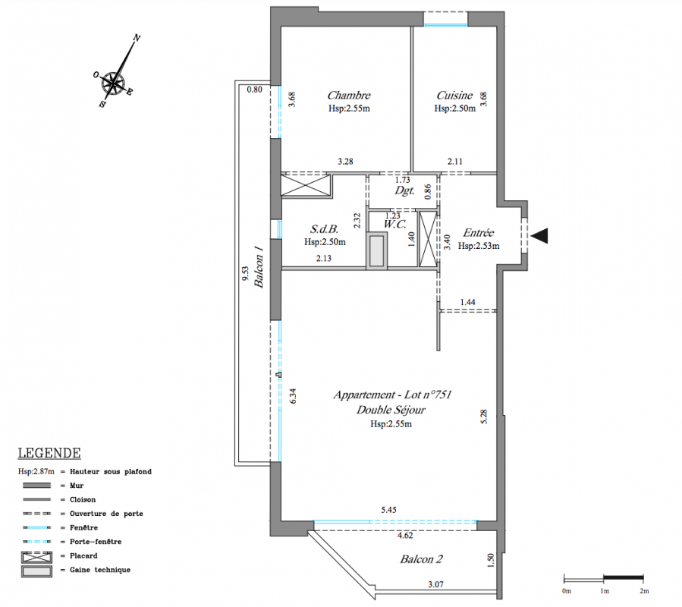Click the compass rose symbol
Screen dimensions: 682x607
pyautogui.click(x=114, y=83)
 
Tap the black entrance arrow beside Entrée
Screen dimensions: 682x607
pyautogui.click(x=539, y=235)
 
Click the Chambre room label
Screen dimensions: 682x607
pyautogui.click(x=349, y=96)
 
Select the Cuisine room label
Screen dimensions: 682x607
pyautogui.click(x=454, y=96)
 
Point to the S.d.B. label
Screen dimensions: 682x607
pyautogui.click(x=324, y=229)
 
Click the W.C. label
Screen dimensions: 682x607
pyautogui.click(x=395, y=225)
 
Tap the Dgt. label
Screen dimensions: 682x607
pyautogui.click(x=404, y=190)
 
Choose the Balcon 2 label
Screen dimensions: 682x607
pyautogui.click(x=421, y=559)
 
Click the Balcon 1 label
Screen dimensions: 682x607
pyautogui.click(x=259, y=267)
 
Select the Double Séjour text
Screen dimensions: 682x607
pyautogui.click(x=391, y=410)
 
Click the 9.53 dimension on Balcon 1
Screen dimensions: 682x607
pyautogui.click(x=245, y=274)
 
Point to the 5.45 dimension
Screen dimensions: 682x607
pyautogui.click(x=389, y=510)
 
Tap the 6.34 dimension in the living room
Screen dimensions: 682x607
pyautogui.click(x=293, y=395)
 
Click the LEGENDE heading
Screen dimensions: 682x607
pyautogui.click(x=49, y=453)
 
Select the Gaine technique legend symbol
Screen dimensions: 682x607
pyautogui.click(x=36, y=571)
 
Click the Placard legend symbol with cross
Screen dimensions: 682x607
pyautogui.click(x=36, y=557)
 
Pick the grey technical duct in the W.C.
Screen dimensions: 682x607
pyautogui.click(x=377, y=250)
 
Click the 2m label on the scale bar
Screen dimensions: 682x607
pyautogui.click(x=644, y=591)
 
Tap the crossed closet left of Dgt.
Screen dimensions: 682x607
pyautogui.click(x=306, y=185)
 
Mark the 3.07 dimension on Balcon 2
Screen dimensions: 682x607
pyautogui.click(x=435, y=584)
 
